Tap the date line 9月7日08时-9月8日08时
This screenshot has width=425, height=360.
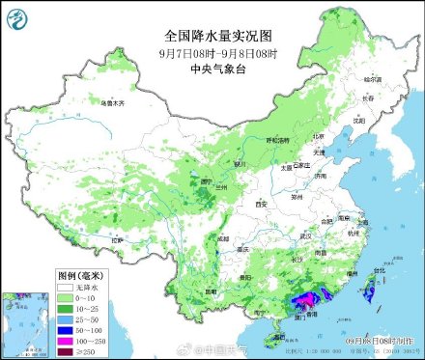point(212,53)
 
